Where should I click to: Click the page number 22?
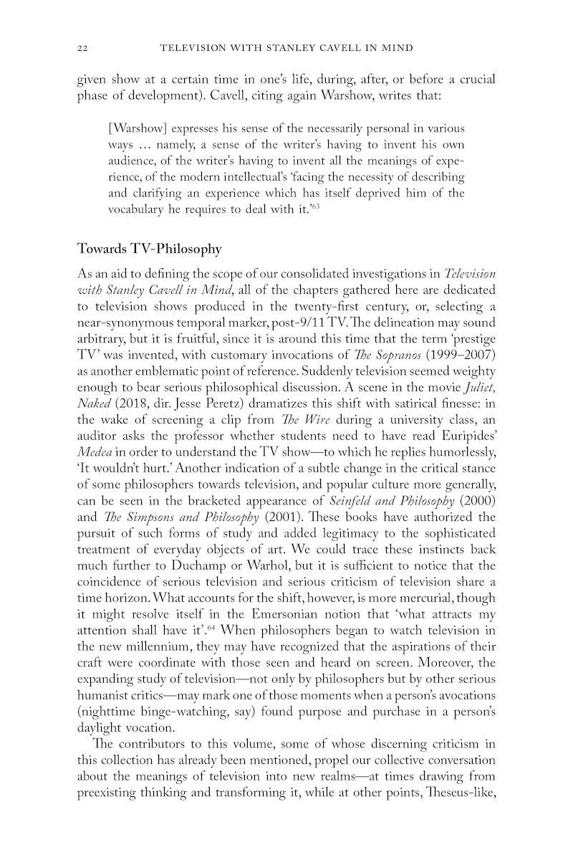(82, 49)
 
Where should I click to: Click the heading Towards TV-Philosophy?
(149, 249)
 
